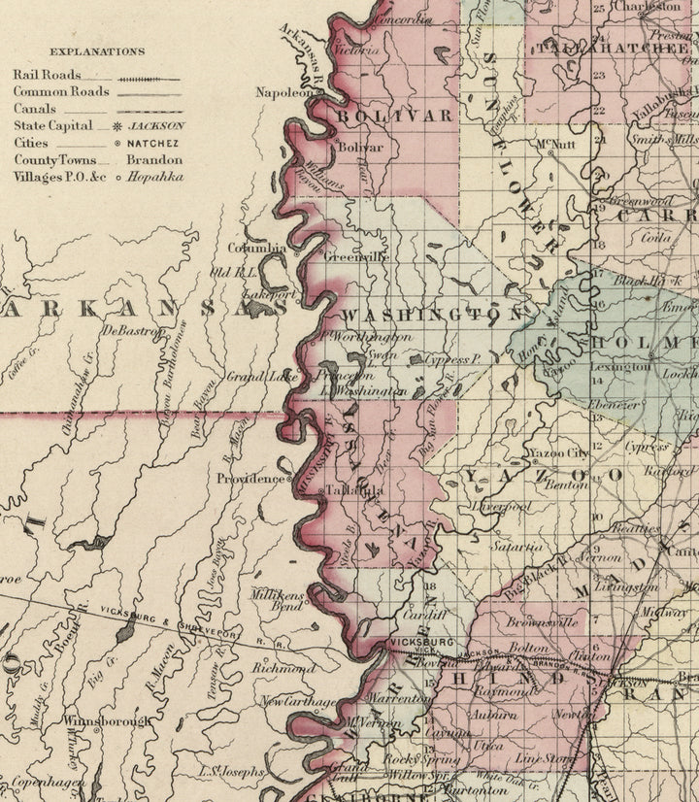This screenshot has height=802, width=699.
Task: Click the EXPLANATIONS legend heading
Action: pos(97,51)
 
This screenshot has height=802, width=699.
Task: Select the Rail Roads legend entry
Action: pos(48,74)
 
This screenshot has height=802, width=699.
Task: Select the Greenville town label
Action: pos(356,257)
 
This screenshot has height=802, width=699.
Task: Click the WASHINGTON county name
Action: pos(432,316)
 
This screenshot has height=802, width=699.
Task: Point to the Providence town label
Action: pos(250,479)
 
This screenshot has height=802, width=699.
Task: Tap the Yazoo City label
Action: pos(557,453)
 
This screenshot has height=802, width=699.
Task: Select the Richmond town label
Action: pos(283,669)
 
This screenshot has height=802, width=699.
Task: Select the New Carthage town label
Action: pos(297,701)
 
